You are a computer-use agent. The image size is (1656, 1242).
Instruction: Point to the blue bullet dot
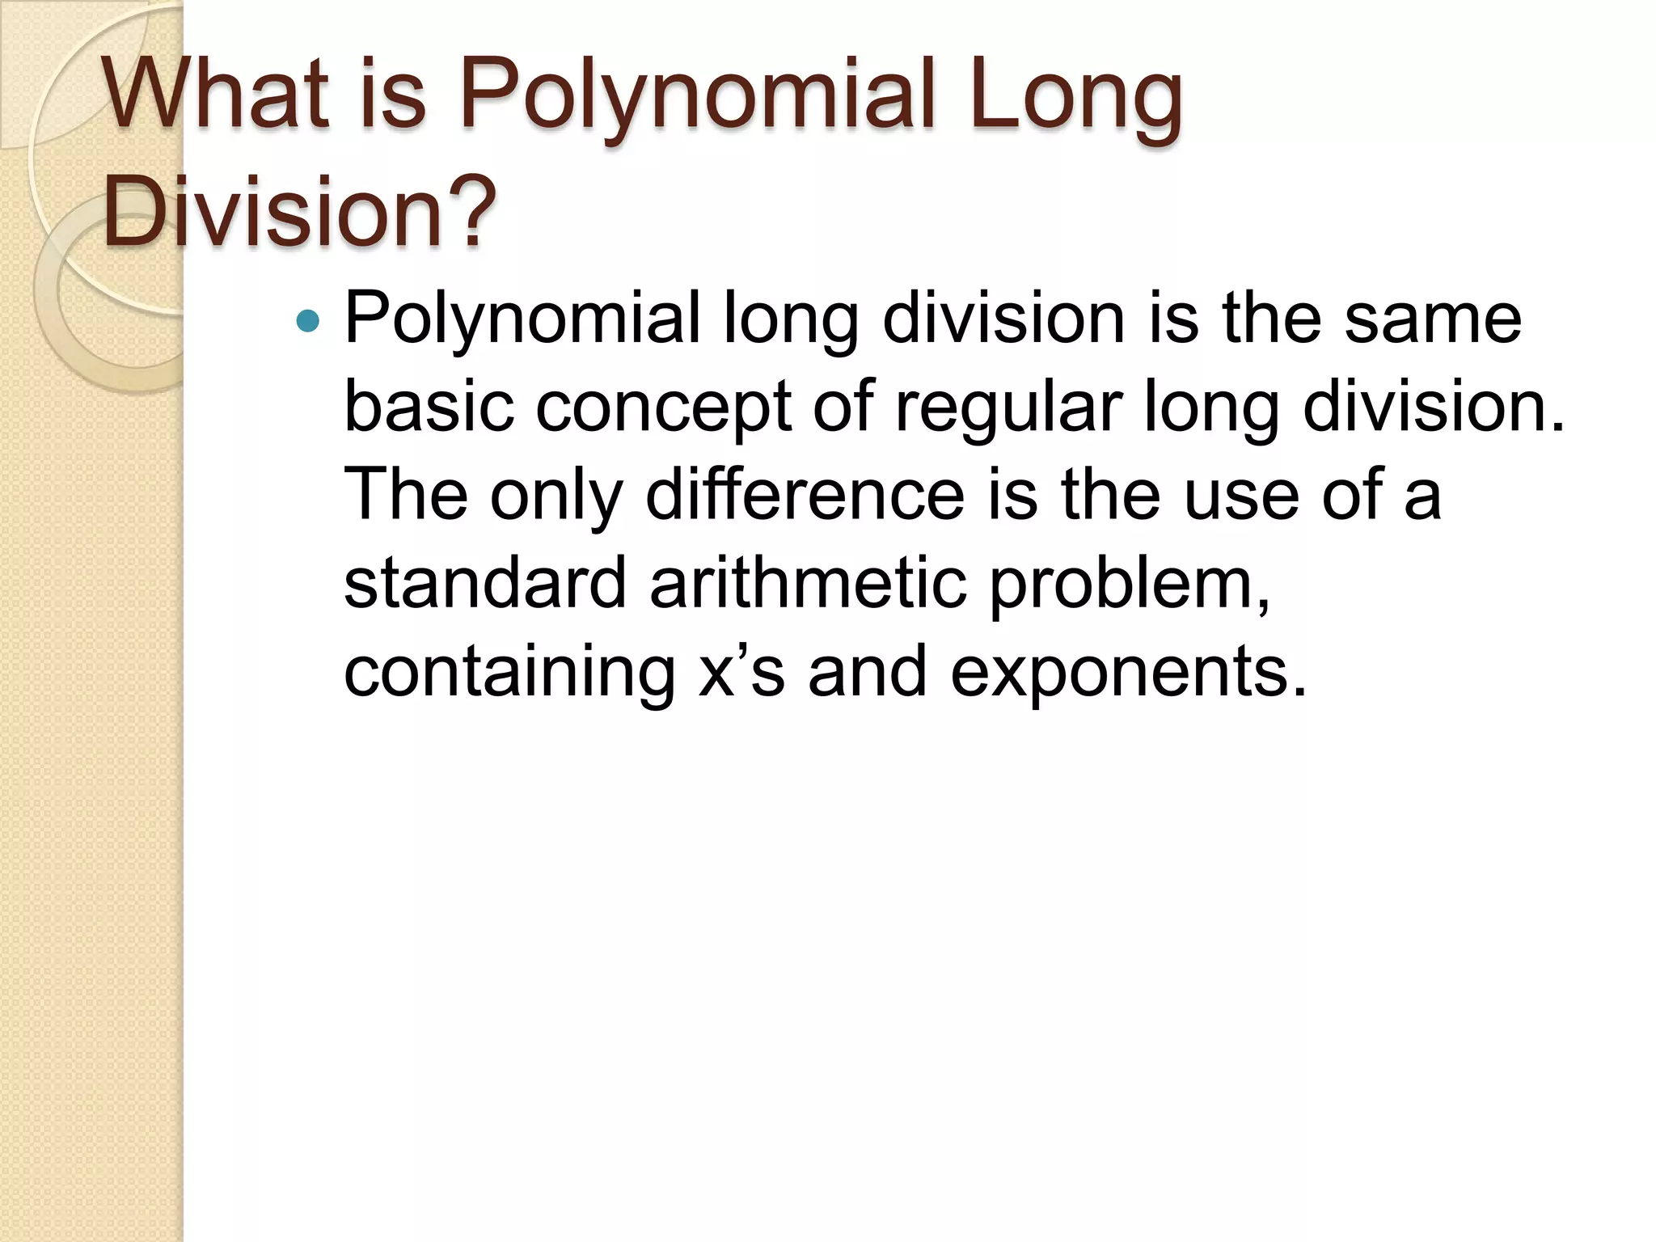coord(308,322)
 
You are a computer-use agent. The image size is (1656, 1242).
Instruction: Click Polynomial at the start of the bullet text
coord(522,320)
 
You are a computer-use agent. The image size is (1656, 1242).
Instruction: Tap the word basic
coord(429,406)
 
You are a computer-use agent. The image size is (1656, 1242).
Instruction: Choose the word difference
coord(805,495)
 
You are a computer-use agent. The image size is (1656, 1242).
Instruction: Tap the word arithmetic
coord(808,584)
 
